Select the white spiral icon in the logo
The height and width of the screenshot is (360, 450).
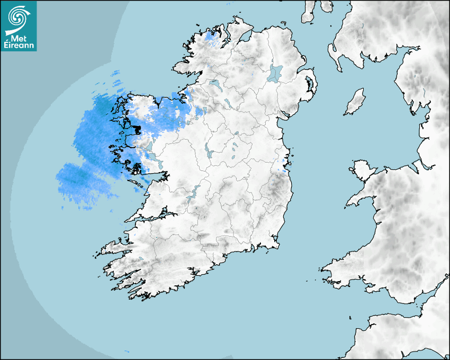(x=19, y=17)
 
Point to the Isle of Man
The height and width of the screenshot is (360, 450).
(x=355, y=102)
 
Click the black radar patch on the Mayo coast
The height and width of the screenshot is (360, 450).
(x=137, y=129)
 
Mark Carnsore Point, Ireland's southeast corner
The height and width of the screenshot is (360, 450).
(x=277, y=247)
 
